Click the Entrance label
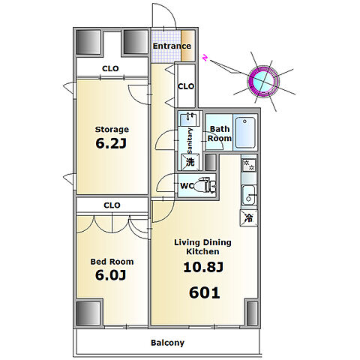[172, 46]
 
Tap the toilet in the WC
[205, 185]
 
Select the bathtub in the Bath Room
[245, 133]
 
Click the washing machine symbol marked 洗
[190, 162]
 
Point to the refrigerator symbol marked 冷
[249, 218]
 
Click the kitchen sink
[249, 195]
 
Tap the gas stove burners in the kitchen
[249, 165]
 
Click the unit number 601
[205, 292]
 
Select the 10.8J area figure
[203, 267]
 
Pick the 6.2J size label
[111, 143]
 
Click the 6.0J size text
[110, 275]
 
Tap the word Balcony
[167, 343]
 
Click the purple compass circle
[263, 81]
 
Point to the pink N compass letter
[205, 58]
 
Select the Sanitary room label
[190, 141]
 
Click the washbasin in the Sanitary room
[188, 119]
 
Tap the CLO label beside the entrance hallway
[186, 86]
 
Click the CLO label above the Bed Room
[112, 205]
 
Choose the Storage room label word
[112, 130]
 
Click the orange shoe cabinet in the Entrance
[187, 46]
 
